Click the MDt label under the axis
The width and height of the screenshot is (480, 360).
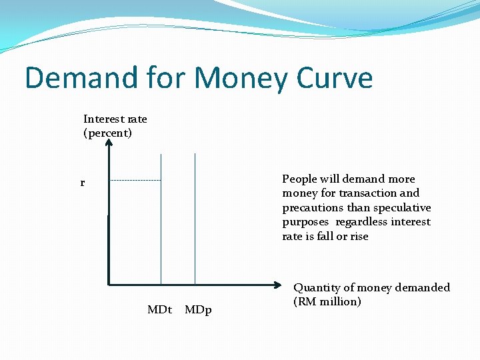point(159,309)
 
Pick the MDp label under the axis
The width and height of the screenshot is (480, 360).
point(198,309)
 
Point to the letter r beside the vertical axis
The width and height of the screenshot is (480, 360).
point(83,183)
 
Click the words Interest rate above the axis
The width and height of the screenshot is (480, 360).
point(115,119)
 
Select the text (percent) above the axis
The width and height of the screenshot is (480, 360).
point(107,133)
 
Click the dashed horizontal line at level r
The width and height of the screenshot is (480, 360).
point(135,180)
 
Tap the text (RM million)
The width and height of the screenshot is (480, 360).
point(327,302)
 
